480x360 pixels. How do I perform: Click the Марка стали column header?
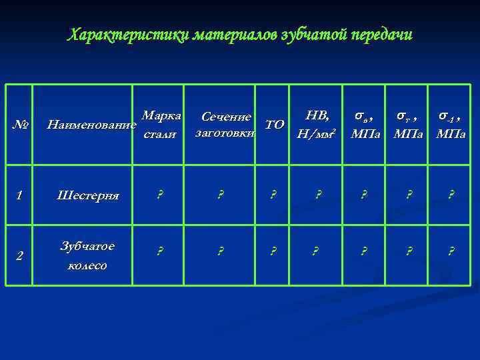161,124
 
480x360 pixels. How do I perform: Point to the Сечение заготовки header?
225,125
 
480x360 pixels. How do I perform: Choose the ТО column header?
274,124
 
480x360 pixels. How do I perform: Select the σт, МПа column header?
408,125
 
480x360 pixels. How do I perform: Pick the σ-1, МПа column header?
451,125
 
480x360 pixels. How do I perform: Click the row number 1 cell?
21,195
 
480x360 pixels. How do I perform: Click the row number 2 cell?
21,255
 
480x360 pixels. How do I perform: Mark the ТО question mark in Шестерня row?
273,195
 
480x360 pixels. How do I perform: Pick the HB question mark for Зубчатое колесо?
318,251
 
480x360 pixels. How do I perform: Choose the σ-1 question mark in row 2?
451,251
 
